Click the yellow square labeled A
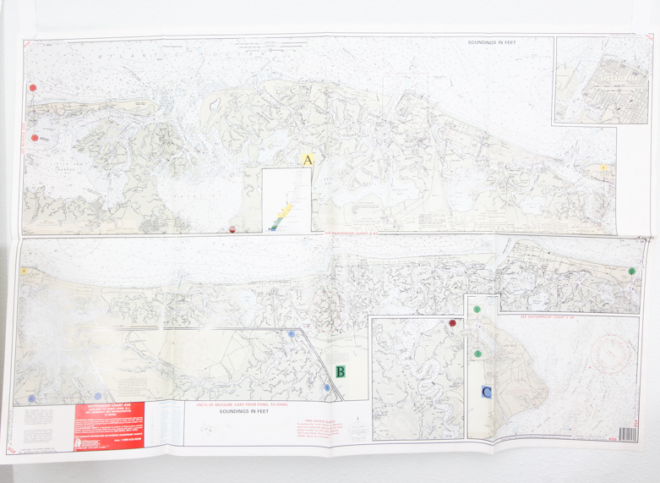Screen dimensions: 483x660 (x=308, y=159)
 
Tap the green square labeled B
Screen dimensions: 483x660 (x=340, y=371)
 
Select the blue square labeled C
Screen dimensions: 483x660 (x=486, y=392)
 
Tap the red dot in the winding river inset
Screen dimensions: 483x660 (x=454, y=323)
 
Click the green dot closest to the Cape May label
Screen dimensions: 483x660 (x=477, y=354)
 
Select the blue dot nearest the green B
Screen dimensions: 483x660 (x=327, y=387)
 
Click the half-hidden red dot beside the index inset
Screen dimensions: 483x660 (x=232, y=228)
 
